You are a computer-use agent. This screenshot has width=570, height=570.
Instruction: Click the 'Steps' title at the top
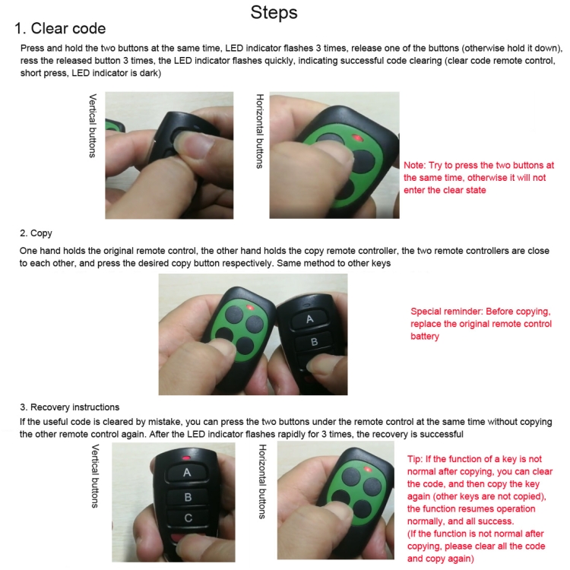click(274, 13)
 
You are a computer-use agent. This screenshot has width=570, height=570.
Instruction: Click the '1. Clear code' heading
click(60, 28)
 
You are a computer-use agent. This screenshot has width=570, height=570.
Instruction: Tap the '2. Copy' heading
click(36, 233)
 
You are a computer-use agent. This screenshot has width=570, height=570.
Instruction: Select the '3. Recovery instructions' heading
click(69, 407)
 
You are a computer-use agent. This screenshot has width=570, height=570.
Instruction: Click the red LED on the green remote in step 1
click(357, 138)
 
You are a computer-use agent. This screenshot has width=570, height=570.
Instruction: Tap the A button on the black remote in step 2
click(309, 318)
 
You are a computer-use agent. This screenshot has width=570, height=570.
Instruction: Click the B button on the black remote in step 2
click(314, 342)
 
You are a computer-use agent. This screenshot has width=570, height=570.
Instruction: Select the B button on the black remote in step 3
click(188, 497)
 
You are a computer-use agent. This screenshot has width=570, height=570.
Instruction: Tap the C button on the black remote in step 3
click(188, 518)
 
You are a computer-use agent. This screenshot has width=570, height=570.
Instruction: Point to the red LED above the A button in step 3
click(186, 458)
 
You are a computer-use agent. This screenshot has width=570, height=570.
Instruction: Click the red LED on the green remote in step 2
click(250, 308)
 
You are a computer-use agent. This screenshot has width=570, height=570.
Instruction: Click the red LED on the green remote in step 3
click(368, 470)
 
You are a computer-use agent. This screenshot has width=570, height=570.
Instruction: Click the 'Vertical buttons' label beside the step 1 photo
click(93, 125)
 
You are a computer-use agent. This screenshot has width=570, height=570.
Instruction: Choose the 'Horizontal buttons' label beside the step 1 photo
click(260, 131)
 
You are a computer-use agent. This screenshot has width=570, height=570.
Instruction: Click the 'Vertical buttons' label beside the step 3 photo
click(95, 476)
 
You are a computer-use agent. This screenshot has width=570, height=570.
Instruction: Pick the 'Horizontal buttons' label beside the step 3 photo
click(262, 482)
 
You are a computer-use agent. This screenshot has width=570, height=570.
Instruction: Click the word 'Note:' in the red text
click(414, 166)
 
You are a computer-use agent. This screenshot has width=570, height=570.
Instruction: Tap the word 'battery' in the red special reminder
click(425, 336)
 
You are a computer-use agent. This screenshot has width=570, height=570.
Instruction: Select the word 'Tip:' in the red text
click(415, 459)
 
